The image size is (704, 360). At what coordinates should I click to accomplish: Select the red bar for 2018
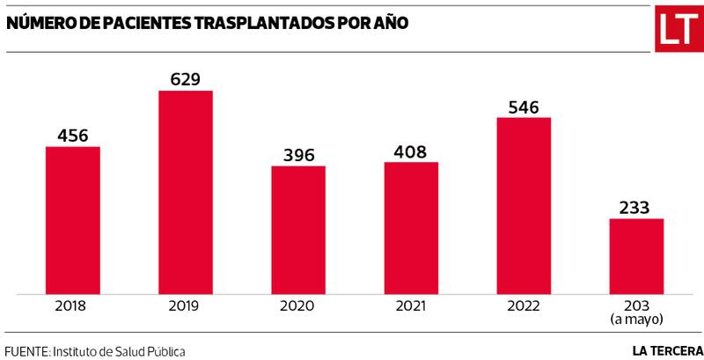(x=73, y=220)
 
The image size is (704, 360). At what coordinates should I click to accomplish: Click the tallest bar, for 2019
(x=186, y=192)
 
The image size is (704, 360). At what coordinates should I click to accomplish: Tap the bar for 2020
(x=298, y=230)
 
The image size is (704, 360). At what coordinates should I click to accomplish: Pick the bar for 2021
(x=411, y=227)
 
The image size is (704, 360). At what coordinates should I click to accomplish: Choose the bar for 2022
(x=524, y=205)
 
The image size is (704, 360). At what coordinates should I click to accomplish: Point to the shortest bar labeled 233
(x=636, y=256)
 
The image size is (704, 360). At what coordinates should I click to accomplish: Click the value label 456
(x=73, y=136)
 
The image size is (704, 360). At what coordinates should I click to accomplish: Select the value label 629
(x=186, y=79)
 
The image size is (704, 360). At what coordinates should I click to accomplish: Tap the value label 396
(x=298, y=155)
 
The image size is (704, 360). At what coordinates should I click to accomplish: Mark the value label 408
(x=411, y=151)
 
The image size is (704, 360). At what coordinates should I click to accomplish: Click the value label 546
(x=524, y=107)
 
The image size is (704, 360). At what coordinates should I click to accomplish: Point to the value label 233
(x=636, y=208)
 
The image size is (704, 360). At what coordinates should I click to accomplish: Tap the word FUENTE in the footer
(x=26, y=350)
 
